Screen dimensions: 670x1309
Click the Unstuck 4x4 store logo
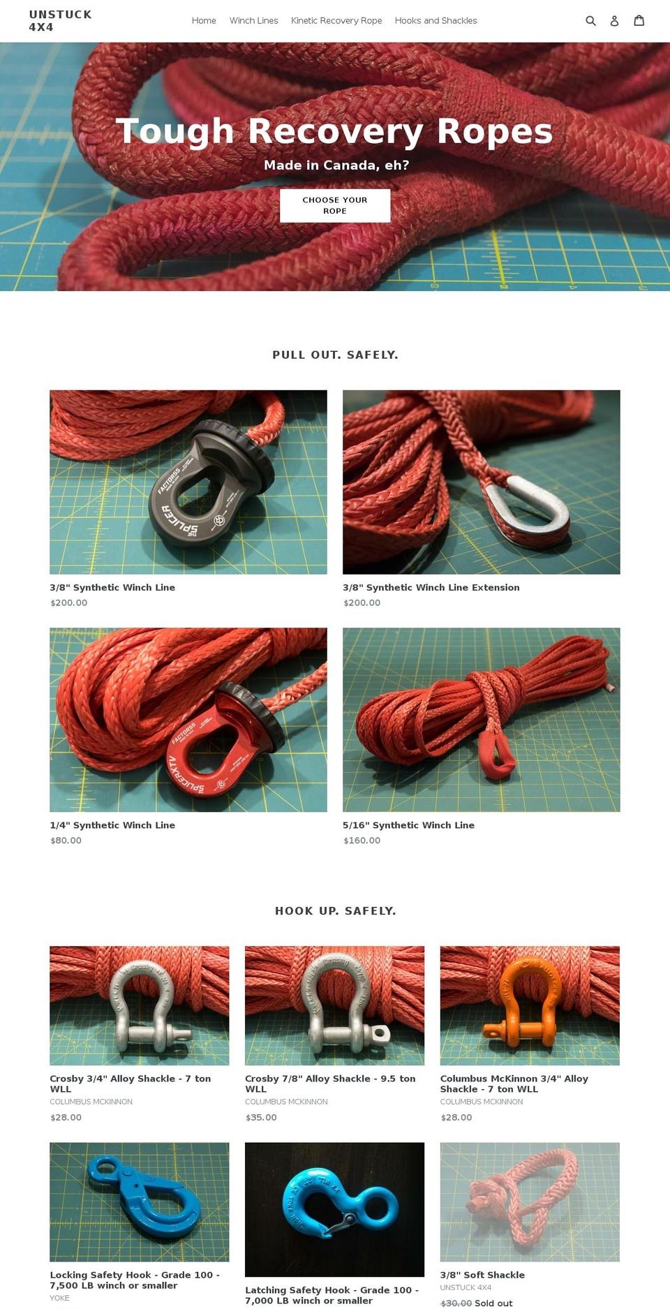[60, 21]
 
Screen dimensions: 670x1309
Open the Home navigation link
[204, 21]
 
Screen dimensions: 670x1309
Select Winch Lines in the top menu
[253, 21]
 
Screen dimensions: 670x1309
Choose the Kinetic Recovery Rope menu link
[336, 21]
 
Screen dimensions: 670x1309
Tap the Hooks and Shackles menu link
[436, 21]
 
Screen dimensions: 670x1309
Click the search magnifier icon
[590, 21]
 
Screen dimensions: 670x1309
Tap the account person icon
[614, 21]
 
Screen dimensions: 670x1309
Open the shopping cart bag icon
[639, 21]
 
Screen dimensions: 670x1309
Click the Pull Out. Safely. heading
[335, 355]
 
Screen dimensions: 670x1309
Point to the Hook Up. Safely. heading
[335, 911]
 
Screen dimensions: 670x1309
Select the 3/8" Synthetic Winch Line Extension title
[431, 588]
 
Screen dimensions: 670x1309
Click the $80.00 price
[66, 841]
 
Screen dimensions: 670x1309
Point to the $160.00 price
[362, 841]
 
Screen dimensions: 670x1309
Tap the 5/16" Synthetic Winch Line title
[408, 825]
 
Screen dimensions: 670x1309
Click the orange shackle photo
[530, 1005]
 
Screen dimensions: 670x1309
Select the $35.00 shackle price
[261, 1118]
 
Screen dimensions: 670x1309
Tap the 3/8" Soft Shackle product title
[482, 1275]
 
